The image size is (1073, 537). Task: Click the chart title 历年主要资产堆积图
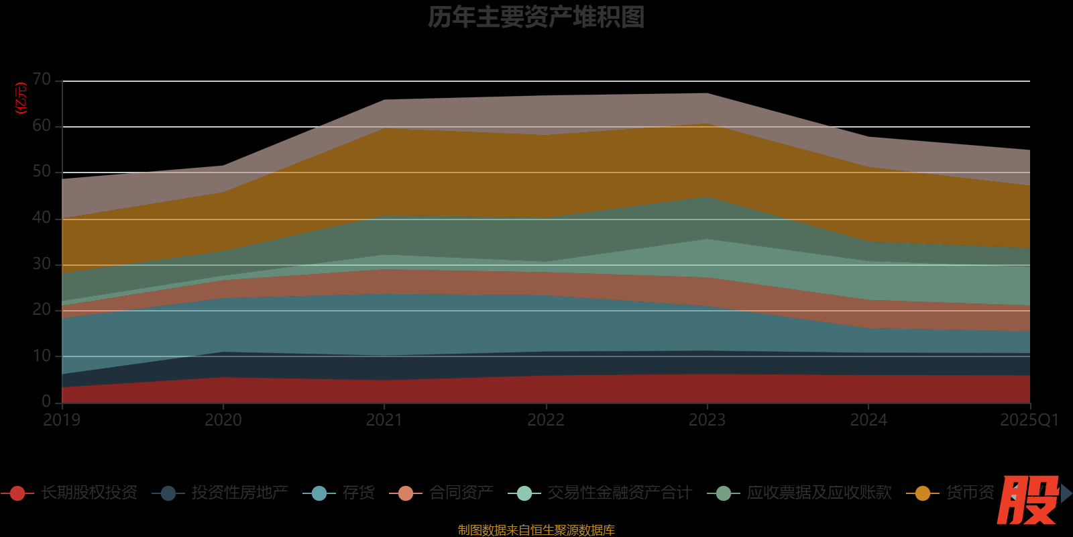536,17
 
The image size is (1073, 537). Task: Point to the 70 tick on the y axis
42,80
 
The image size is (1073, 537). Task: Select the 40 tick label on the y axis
42,218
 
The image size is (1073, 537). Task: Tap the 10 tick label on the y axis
42,356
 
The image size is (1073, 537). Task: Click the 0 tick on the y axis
46,401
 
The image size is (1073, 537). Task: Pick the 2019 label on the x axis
62,420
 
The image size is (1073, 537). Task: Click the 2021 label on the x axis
384,420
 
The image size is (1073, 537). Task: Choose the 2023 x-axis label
707,420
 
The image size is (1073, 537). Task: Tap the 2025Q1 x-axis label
1029,420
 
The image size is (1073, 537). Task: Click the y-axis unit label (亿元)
21,98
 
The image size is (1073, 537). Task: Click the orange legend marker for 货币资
923,493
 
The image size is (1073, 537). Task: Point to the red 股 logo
1027,500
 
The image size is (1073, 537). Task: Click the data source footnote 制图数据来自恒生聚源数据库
536,530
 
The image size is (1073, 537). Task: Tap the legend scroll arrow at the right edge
1066,493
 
